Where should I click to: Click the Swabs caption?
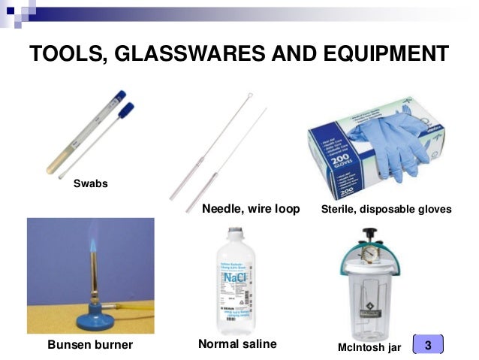[89, 183]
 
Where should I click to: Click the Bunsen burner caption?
[89, 345]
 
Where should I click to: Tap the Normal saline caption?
[237, 344]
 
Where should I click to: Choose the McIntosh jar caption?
[370, 346]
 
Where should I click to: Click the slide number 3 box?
[428, 344]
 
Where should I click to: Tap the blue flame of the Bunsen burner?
[92, 244]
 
